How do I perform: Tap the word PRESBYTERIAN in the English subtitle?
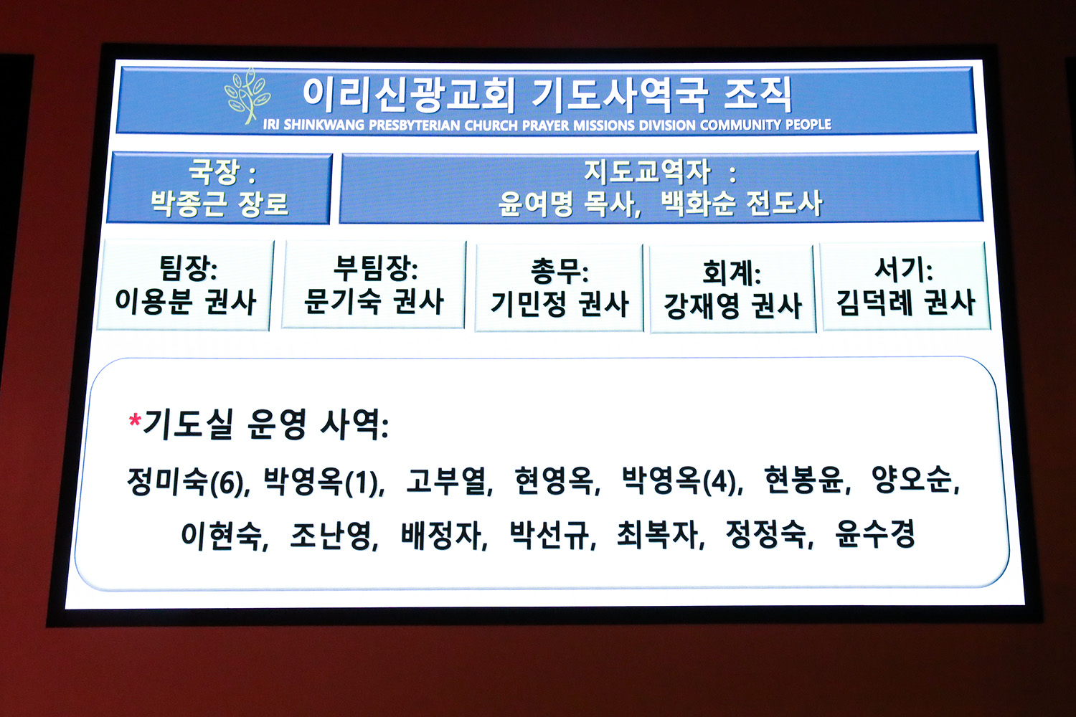(x=414, y=125)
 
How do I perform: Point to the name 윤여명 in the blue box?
(x=536, y=204)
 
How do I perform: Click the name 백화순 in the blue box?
(x=698, y=204)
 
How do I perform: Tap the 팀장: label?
(x=188, y=268)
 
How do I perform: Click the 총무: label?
(x=559, y=272)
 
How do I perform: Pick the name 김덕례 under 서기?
(x=874, y=303)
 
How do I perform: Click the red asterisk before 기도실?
(x=135, y=420)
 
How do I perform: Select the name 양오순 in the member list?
(x=913, y=480)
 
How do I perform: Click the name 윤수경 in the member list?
(x=875, y=533)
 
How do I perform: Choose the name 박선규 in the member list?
(x=549, y=534)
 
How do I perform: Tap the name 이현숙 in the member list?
(x=222, y=536)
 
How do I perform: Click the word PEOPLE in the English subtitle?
(x=808, y=124)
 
